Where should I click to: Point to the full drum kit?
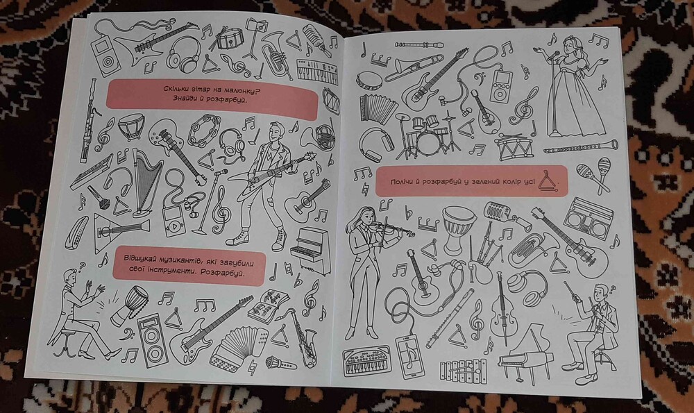pyautogui.click(x=423, y=135)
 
